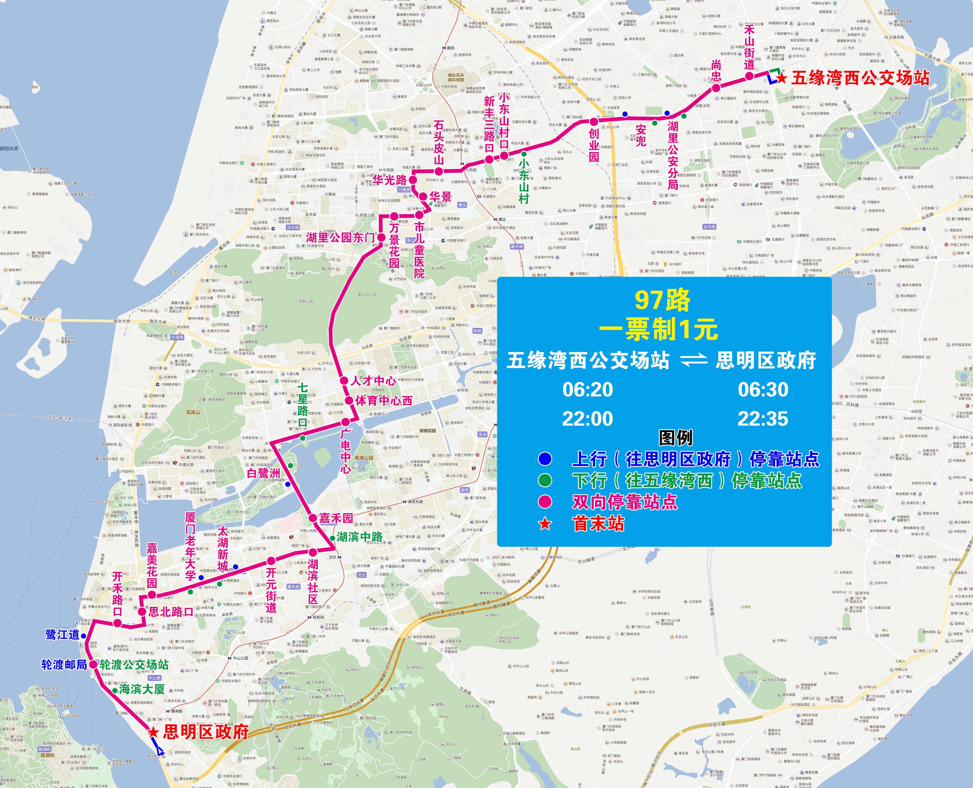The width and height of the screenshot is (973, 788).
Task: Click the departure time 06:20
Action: (x=588, y=389)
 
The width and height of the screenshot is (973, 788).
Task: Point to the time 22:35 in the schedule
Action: (x=763, y=419)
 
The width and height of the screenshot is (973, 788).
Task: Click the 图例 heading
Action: (x=675, y=438)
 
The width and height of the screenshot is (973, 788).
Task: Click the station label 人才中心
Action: (x=373, y=380)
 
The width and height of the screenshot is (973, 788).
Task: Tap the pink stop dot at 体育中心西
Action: (x=349, y=400)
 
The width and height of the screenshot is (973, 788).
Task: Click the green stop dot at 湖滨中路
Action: (x=332, y=538)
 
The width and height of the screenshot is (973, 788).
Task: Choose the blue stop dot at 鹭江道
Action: (x=83, y=635)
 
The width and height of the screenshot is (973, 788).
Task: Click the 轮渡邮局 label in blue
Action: (x=64, y=665)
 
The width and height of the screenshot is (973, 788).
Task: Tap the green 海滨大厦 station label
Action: (x=141, y=689)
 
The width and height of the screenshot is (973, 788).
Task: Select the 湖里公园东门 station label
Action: (x=340, y=237)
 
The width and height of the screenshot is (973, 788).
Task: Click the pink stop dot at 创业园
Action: (x=594, y=122)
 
